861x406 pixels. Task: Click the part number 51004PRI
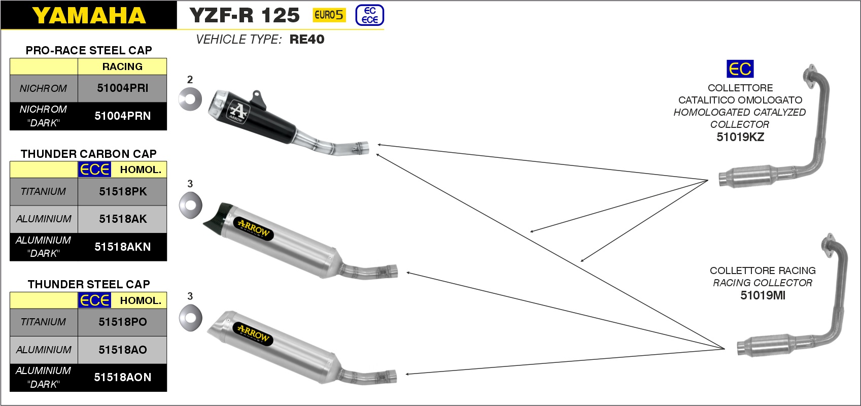122,88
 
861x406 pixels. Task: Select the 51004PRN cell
122,116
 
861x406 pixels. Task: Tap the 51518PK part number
123,192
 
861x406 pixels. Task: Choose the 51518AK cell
123,219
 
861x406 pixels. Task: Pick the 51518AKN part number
122,247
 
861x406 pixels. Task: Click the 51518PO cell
122,322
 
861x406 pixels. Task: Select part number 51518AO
122,350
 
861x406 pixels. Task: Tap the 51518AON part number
122,378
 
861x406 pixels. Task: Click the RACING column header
122,66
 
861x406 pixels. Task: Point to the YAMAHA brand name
89,16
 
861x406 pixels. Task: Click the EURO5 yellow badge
329,15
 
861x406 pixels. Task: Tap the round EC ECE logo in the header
370,15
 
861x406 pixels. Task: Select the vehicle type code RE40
307,40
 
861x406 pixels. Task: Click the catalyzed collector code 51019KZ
740,137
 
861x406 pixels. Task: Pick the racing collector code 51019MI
763,295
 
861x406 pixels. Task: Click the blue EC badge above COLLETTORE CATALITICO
740,69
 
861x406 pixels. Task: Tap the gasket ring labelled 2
190,99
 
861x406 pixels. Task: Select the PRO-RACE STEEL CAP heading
89,50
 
